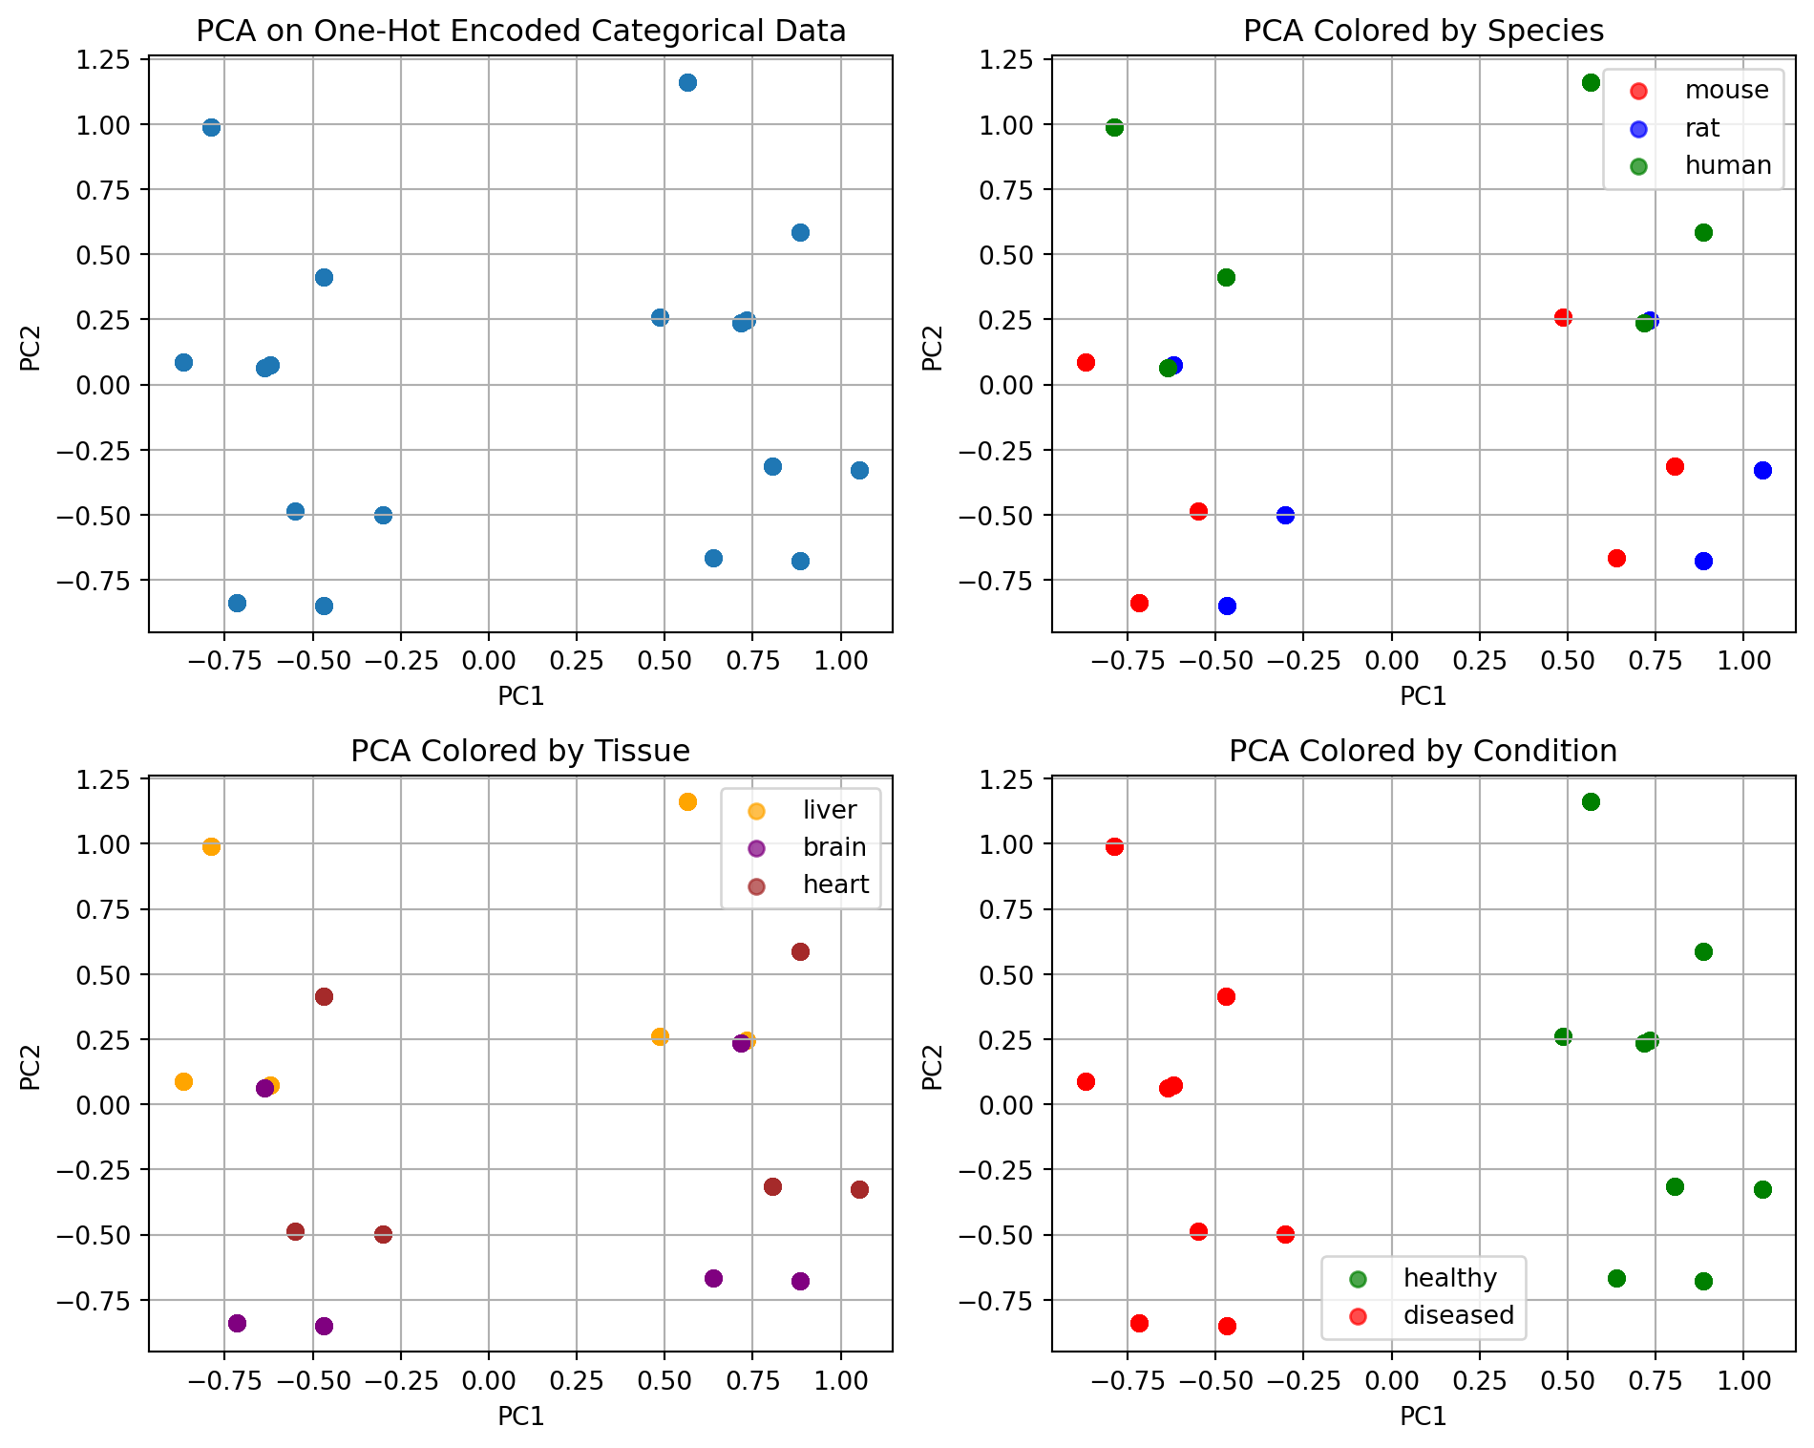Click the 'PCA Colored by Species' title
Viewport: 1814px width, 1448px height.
1423,32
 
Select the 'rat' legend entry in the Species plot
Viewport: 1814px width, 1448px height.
1701,128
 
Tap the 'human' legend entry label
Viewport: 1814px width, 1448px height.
1727,165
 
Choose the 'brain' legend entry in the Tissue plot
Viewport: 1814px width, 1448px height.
833,847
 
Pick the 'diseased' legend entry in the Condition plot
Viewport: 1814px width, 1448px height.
1458,1315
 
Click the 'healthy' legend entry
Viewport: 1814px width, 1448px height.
1449,1278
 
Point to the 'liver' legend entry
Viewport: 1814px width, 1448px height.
829,810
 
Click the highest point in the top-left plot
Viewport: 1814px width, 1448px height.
687,82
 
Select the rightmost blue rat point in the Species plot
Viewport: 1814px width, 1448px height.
1762,470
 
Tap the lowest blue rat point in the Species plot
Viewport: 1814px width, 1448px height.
1227,606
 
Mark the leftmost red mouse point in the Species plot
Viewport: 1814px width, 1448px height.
1086,362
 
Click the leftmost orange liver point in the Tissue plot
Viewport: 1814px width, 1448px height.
183,1081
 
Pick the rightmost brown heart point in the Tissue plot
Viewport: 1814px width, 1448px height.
859,1189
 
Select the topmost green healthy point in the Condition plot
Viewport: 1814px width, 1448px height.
1591,801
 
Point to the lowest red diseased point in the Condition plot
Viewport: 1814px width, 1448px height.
1227,1326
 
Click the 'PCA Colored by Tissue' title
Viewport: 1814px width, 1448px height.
520,752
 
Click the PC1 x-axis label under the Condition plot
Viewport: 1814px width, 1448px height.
1423,1416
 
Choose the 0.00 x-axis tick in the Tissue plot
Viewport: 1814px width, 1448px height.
488,1380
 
